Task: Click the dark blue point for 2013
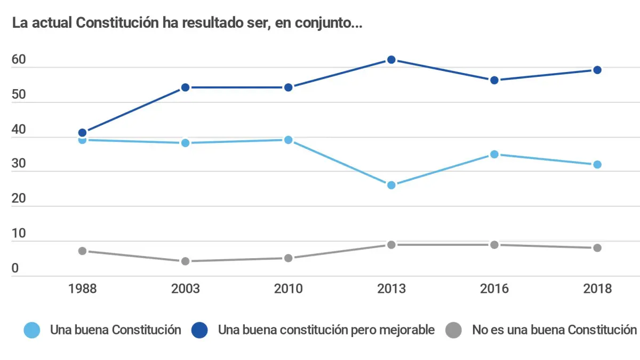[391, 60]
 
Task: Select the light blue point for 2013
[391, 185]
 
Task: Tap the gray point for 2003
[185, 261]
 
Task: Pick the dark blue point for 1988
[82, 133]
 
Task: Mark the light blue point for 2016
[494, 154]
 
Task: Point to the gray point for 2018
[597, 247]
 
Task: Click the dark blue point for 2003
[185, 87]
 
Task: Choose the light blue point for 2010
[288, 140]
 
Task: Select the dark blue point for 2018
[597, 70]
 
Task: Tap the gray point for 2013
[391, 244]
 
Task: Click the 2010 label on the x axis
[288, 289]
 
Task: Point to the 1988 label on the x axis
[82, 289]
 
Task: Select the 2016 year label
[494, 289]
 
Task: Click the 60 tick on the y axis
[19, 60]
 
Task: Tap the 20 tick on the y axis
[19, 198]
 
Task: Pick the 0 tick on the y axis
[15, 268]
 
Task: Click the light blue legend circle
[32, 330]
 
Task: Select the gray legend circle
[453, 330]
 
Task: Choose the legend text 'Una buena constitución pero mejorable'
[326, 330]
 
